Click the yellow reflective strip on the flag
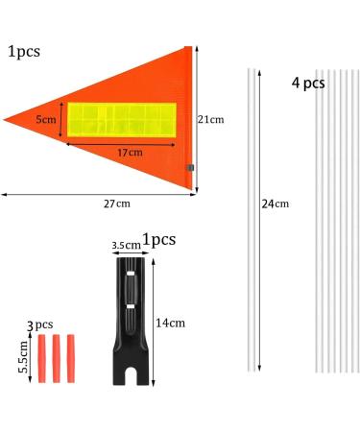[x=122, y=119]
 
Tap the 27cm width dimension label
[x=116, y=203]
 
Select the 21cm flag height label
[x=210, y=119]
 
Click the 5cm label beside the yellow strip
[x=46, y=120]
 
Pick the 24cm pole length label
[x=275, y=204]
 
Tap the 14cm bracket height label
[x=171, y=323]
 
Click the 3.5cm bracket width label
[x=126, y=246]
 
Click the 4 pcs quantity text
[x=308, y=84]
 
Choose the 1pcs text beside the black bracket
[x=158, y=240]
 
